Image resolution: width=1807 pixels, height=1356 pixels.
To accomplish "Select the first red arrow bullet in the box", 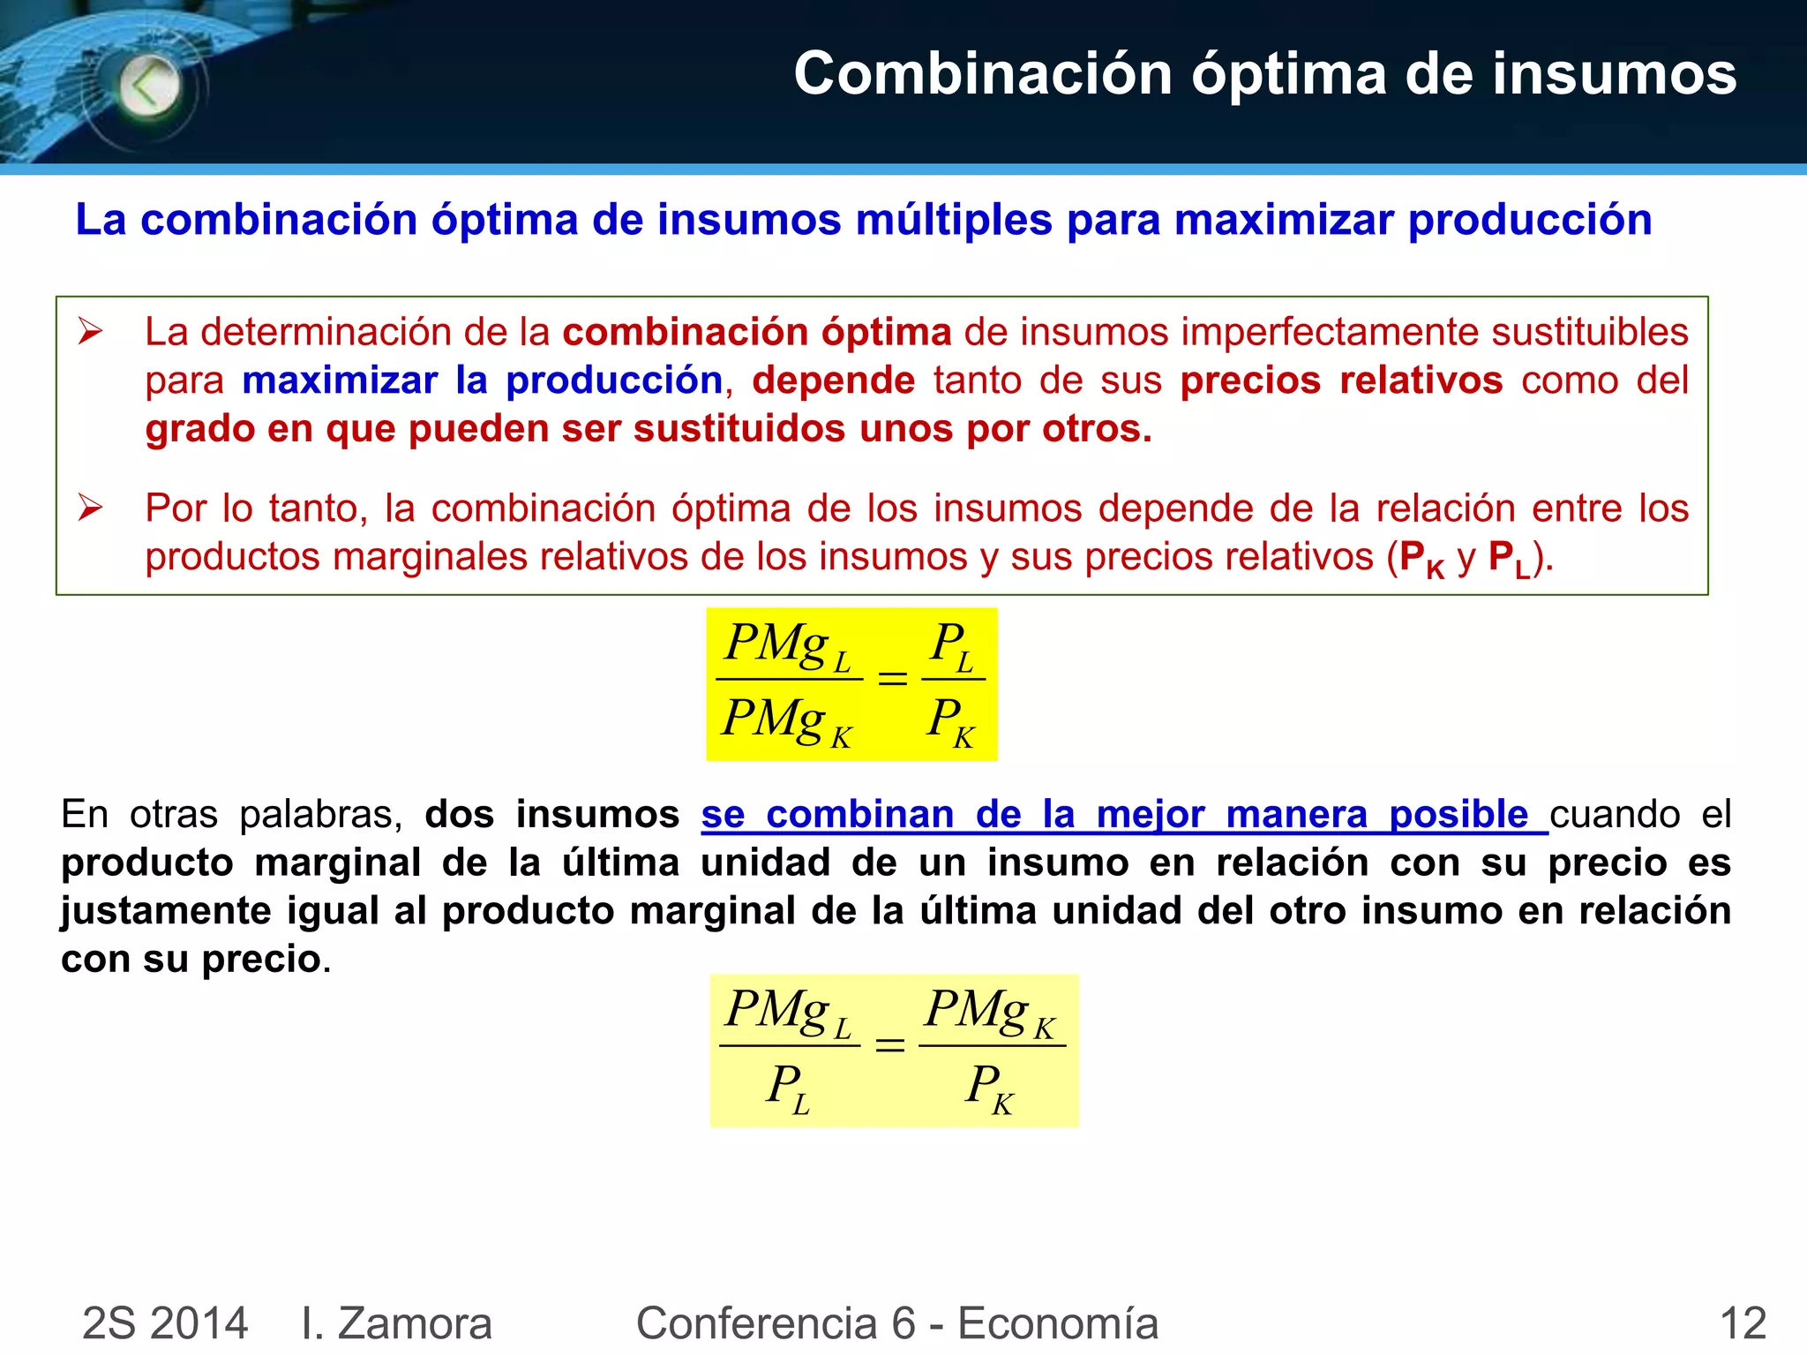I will point(90,332).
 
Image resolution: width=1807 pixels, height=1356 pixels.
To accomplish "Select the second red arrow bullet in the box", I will point(90,508).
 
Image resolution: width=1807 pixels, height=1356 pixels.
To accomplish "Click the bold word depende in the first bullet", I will point(834,380).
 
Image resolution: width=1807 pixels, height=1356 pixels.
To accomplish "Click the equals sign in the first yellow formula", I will point(892,678).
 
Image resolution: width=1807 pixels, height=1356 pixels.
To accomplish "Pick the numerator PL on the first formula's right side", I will point(952,644).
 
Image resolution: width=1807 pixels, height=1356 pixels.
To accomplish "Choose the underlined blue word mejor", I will point(1151,814).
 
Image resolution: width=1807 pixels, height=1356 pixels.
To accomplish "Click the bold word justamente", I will point(165,911).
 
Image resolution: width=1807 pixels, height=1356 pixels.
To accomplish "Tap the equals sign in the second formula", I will point(889,1045).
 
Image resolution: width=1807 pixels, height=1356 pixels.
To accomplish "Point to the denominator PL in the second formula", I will point(788,1087).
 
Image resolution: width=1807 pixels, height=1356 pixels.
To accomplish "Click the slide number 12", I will point(1743,1323).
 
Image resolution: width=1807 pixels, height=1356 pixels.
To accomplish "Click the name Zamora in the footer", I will point(415,1323).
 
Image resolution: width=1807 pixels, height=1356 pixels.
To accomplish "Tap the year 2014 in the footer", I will point(199,1323).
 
